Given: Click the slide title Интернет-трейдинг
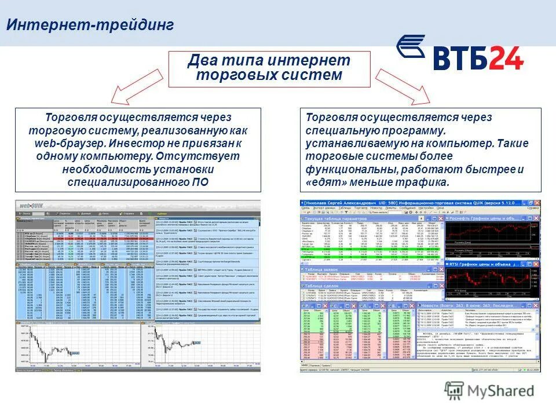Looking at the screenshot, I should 90,25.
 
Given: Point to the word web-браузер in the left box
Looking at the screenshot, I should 63,143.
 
